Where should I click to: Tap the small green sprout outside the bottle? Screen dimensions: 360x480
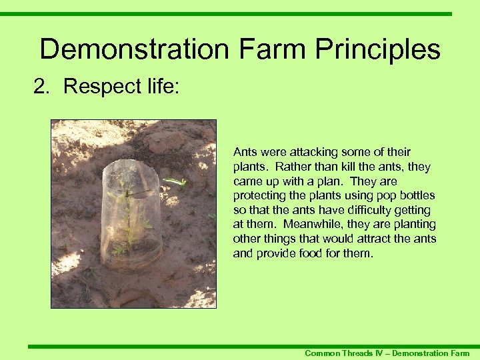coord(175,181)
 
